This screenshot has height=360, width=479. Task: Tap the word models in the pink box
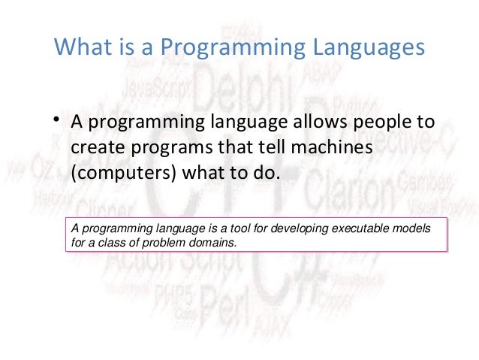click(414, 228)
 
